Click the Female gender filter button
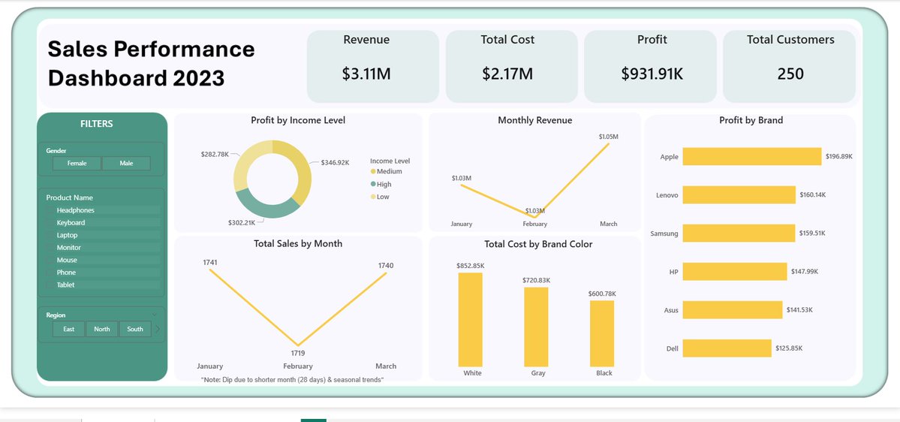click(x=77, y=163)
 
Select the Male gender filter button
click(x=126, y=163)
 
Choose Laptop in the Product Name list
click(x=67, y=235)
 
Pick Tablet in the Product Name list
click(x=65, y=285)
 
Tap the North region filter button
click(x=101, y=329)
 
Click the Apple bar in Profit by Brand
click(x=751, y=156)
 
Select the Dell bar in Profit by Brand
click(x=727, y=348)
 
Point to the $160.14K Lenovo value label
click(x=812, y=194)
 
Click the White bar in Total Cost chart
click(x=471, y=318)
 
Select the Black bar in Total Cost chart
click(x=602, y=332)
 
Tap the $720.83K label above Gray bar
click(x=536, y=280)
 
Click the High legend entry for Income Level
click(x=384, y=184)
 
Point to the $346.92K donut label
click(x=335, y=162)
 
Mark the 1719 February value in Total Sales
click(x=298, y=353)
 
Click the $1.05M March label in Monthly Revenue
click(x=608, y=137)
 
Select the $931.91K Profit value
click(x=652, y=74)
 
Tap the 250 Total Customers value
click(x=790, y=74)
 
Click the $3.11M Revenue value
click(x=366, y=74)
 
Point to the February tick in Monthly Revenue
click(x=535, y=224)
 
